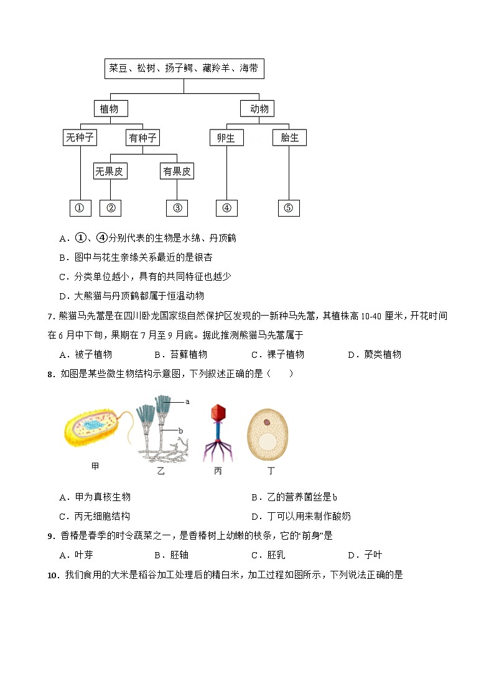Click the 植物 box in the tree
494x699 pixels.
point(110,109)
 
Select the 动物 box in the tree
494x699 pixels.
point(259,109)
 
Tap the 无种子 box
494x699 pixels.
point(80,138)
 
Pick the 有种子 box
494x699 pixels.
point(142,138)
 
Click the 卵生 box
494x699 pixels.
point(226,138)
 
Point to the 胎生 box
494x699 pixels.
point(289,138)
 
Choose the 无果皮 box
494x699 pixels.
point(110,171)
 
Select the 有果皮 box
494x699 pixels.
point(177,171)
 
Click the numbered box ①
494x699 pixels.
point(80,209)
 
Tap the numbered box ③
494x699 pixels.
point(177,209)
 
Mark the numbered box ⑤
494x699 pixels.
point(288,209)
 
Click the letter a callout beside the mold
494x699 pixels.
point(187,402)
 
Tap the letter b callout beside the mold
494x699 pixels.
point(180,430)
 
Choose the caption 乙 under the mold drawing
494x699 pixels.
point(161,471)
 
